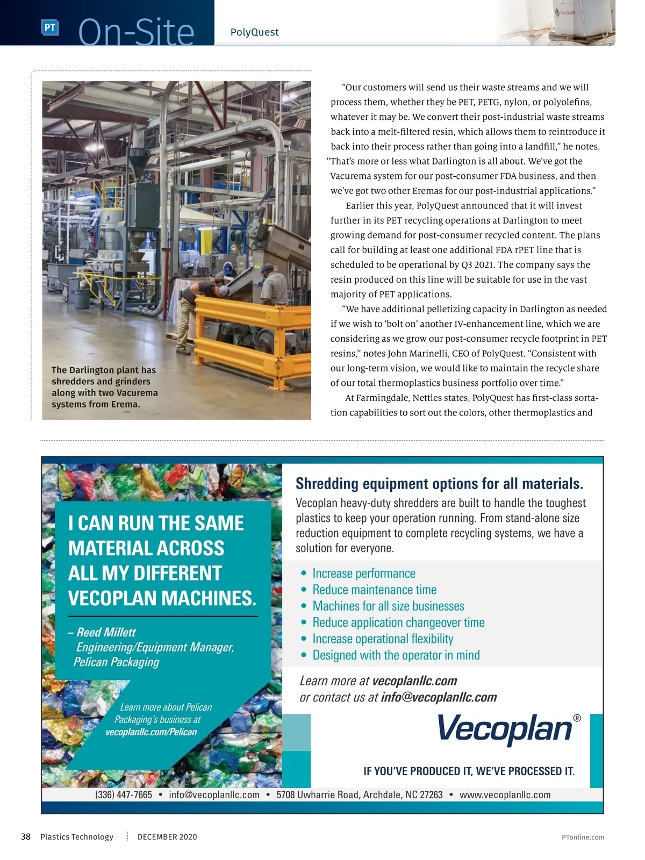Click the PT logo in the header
pos(49,27)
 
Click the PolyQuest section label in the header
pos(254,32)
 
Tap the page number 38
pos(25,836)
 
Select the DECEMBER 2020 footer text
pos(167,836)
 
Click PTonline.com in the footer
pos(583,837)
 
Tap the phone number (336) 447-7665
pos(124,794)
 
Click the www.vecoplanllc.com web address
pos(505,794)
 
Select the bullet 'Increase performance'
pos(364,574)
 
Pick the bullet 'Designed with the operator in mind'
pos(396,655)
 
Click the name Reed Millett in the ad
pos(106,632)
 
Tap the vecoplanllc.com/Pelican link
pos(151,732)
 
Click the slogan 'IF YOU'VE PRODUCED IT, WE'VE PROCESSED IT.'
pos(469,771)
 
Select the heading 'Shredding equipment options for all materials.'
pos(439,484)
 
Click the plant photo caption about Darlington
pos(104,387)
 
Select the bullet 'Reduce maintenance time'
pos(374,590)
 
